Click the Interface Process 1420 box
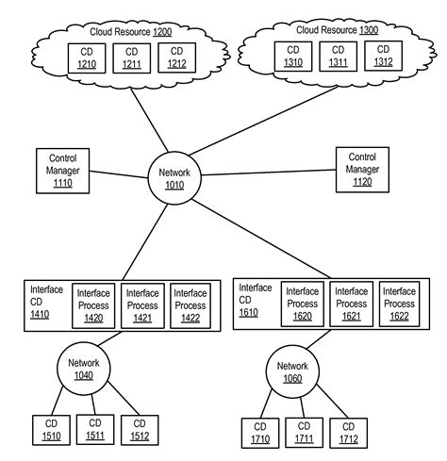94,305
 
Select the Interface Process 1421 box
142,305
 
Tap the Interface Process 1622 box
399,304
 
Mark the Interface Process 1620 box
302,304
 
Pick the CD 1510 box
52,431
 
